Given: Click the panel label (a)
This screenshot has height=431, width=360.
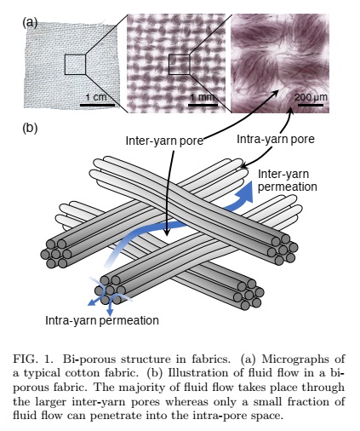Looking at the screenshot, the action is point(30,22).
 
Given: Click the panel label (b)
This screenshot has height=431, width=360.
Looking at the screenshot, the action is point(30,128).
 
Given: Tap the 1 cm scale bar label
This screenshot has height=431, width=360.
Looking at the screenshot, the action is point(96,97).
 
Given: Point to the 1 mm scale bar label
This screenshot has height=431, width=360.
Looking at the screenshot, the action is point(203,97).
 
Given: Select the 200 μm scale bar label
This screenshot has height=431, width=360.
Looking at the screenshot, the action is point(311,97).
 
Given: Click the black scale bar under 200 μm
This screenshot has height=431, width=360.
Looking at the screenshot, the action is point(311,105).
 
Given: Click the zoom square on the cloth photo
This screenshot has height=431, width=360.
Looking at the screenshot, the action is point(75,65).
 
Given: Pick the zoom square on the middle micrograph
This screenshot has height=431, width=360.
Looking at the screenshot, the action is point(179,65).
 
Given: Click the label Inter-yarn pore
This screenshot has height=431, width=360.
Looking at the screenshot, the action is point(164,141).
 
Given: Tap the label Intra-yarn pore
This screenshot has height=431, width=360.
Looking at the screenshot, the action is point(276,139).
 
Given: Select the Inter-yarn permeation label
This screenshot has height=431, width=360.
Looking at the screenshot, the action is point(288,181).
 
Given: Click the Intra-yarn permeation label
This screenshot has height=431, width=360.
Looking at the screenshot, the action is point(102,320).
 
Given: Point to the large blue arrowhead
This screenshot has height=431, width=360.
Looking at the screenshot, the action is point(246,192).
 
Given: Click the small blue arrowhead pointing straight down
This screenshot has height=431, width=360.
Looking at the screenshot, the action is point(110,311).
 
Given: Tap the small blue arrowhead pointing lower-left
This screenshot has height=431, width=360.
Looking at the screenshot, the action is point(91,302).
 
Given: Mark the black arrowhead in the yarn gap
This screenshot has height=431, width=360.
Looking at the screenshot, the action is point(167,232).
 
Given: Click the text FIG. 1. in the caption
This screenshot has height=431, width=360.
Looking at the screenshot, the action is point(33,359).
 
